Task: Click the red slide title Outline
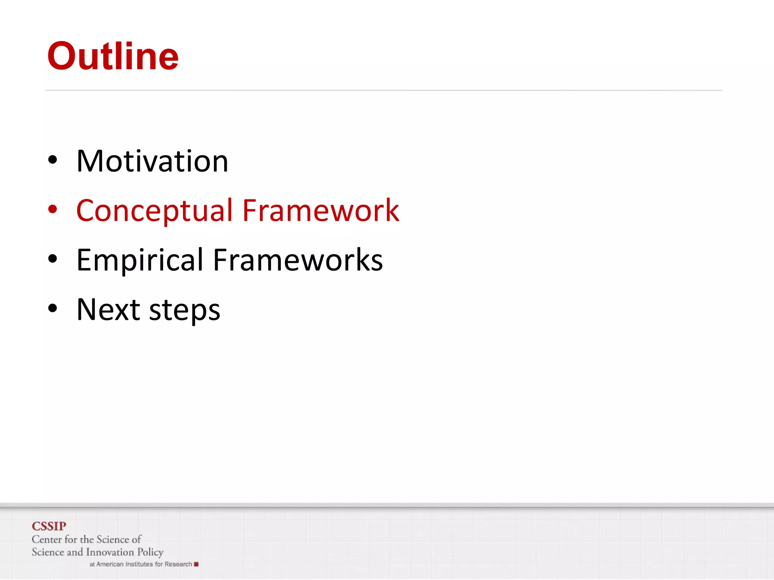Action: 113,57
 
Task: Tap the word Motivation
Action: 152,161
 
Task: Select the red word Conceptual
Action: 154,211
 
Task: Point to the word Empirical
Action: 140,260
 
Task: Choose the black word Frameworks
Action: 298,260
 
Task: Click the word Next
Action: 108,310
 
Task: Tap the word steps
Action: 185,311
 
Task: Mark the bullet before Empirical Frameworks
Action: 53,259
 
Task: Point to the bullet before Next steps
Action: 53,308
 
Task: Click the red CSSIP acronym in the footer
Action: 49,526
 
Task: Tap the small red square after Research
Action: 196,564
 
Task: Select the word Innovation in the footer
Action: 110,552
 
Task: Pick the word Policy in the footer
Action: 150,552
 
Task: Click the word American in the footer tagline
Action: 110,564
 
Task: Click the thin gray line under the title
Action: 383,90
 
